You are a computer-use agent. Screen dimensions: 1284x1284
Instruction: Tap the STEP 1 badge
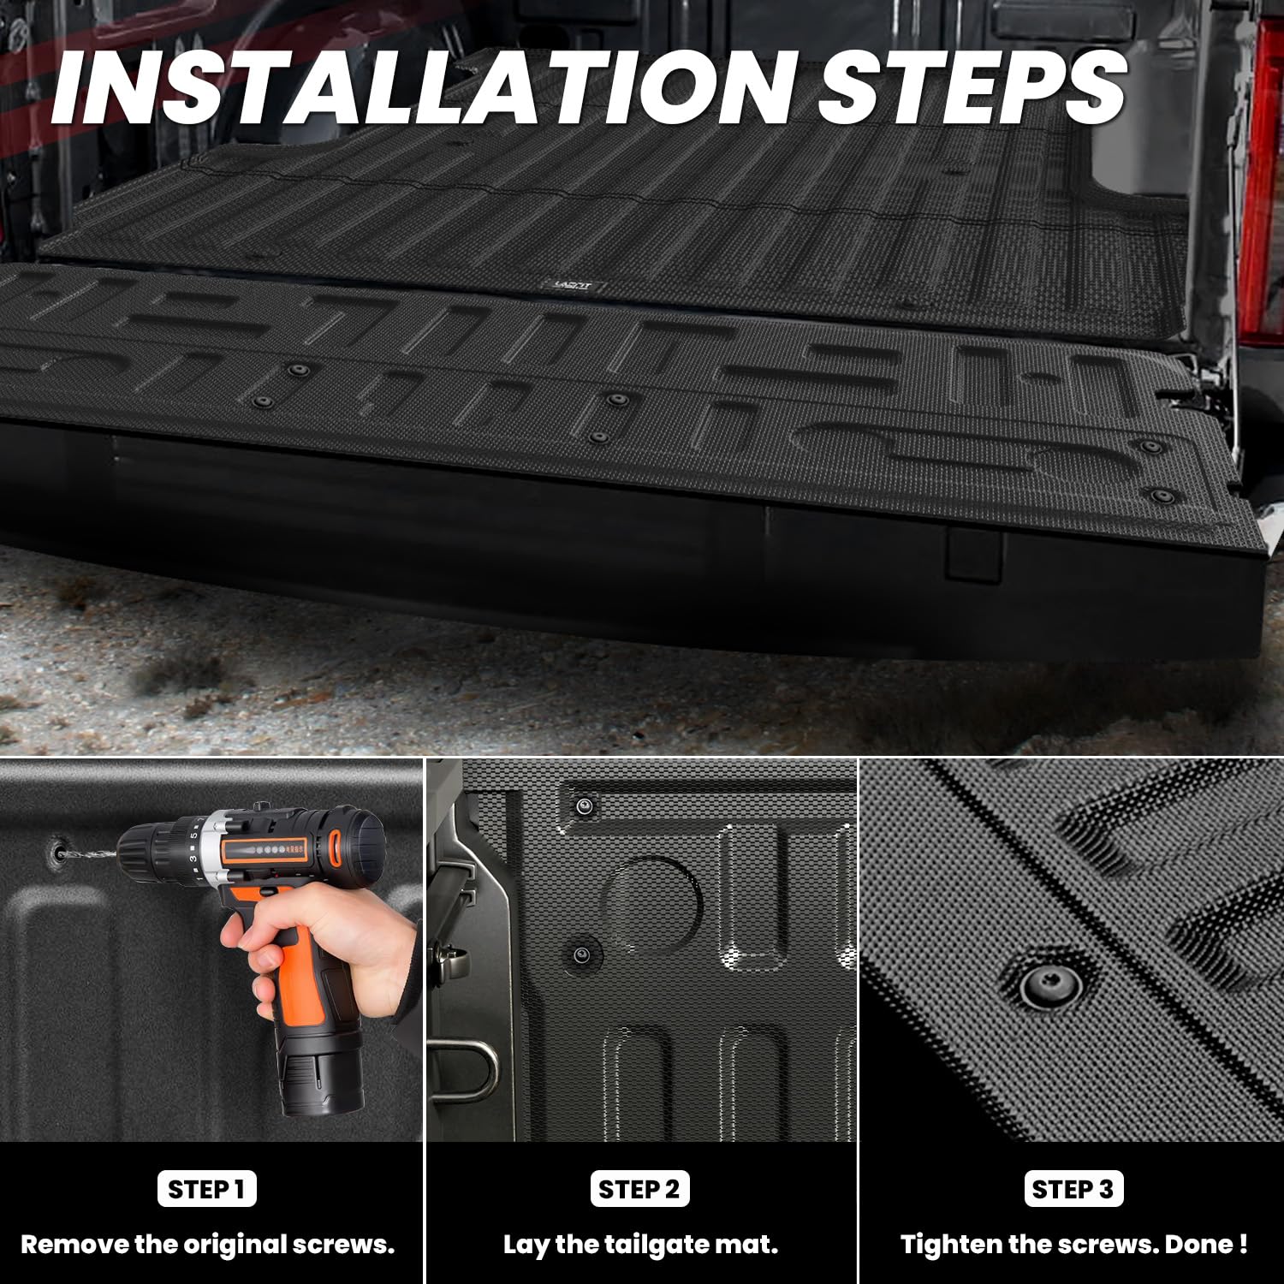pyautogui.click(x=206, y=1189)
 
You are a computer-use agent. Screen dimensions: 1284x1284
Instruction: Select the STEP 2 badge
pyautogui.click(x=639, y=1189)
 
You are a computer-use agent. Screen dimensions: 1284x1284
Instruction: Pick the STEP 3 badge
pyautogui.click(x=1073, y=1189)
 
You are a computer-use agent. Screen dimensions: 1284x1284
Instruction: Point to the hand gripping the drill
pyautogui.click(x=330, y=942)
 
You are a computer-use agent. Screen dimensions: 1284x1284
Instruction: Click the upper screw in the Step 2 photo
pyautogui.click(x=585, y=805)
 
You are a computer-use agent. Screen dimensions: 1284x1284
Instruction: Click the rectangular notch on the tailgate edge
pyautogui.click(x=973, y=554)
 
